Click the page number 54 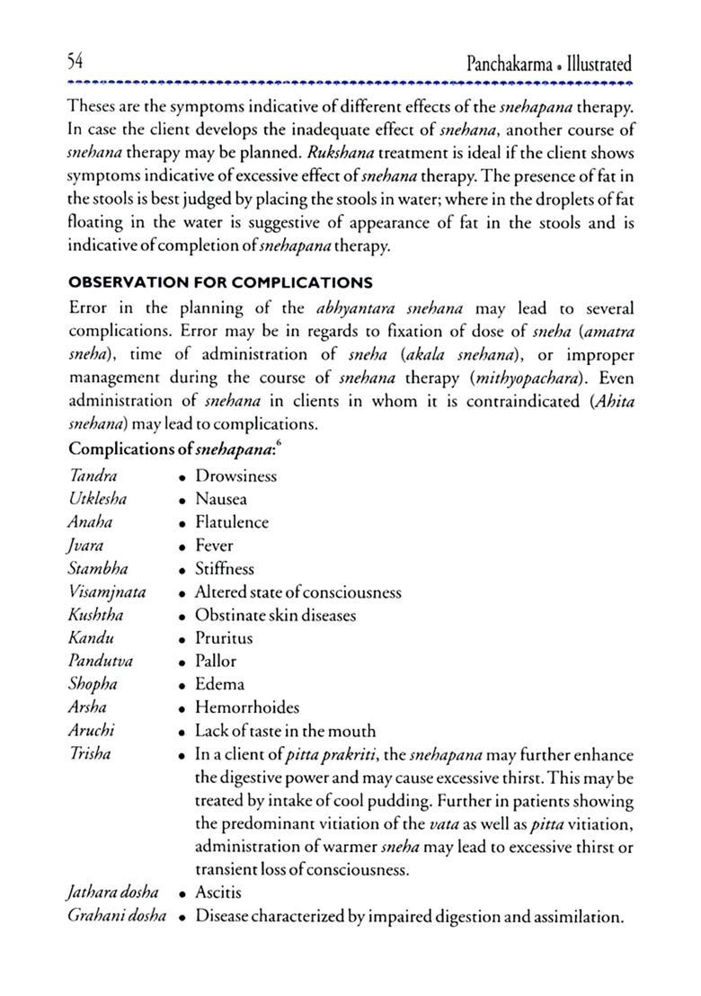pos(75,64)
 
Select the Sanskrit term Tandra pos(93,476)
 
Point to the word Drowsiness pos(235,476)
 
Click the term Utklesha pos(97,499)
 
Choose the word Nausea pos(220,500)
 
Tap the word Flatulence pos(231,522)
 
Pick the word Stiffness pos(224,569)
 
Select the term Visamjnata pos(107,592)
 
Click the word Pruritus pos(224,638)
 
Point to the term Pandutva pos(101,662)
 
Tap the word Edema pos(218,685)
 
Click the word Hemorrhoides pos(247,708)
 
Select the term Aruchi pos(91,731)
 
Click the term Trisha pos(89,754)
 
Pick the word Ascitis pos(218,894)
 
